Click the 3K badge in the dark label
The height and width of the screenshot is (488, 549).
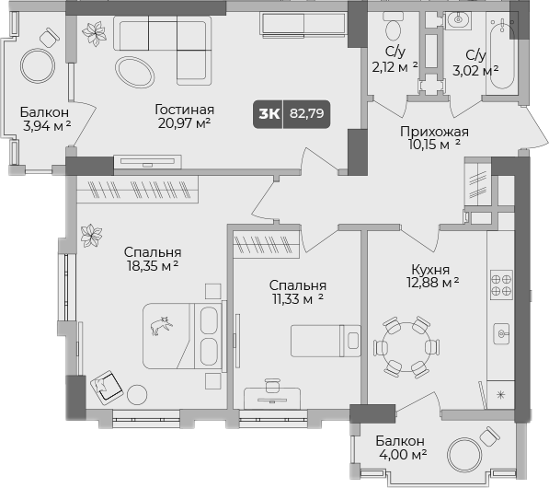pyautogui.click(x=269, y=113)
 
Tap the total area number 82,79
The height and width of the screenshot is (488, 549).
pyautogui.click(x=308, y=113)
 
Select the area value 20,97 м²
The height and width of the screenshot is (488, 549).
pyautogui.click(x=183, y=122)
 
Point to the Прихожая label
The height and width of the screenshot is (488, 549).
pyautogui.click(x=434, y=131)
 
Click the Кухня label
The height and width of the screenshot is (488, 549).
pyautogui.click(x=430, y=270)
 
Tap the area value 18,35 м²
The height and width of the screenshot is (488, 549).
pyautogui.click(x=151, y=267)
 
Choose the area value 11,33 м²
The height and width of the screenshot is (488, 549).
pyautogui.click(x=298, y=300)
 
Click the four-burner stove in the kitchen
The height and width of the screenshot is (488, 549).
pyautogui.click(x=501, y=284)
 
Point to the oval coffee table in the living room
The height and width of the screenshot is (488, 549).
pyautogui.click(x=134, y=70)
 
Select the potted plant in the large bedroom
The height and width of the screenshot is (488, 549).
pyautogui.click(x=90, y=236)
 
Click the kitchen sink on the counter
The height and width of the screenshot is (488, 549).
pyautogui.click(x=502, y=332)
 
